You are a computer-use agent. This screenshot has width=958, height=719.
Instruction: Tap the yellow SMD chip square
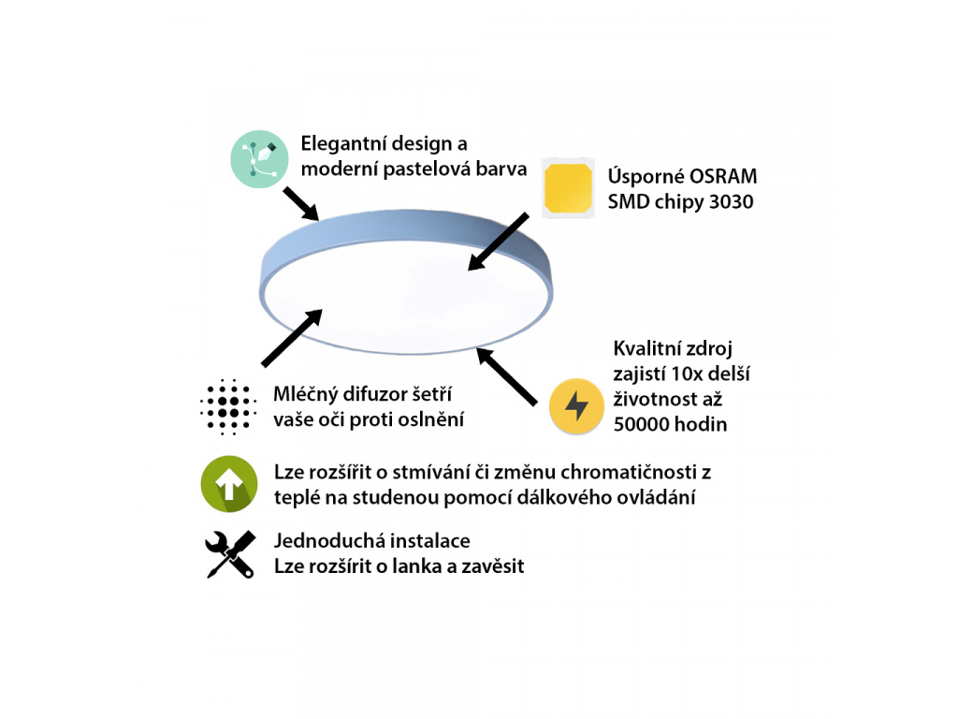[569, 187]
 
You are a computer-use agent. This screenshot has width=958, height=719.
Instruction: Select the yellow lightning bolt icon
[576, 406]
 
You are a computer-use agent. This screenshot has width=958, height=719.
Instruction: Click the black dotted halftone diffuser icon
[228, 407]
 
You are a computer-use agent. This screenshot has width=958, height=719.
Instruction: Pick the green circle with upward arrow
[229, 483]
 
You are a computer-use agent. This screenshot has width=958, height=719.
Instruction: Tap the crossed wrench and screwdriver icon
[229, 553]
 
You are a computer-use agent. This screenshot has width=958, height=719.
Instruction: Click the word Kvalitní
[646, 349]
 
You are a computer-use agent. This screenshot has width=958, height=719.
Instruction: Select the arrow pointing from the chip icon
[499, 242]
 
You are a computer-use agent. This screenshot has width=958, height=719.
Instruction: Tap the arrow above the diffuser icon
[293, 338]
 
